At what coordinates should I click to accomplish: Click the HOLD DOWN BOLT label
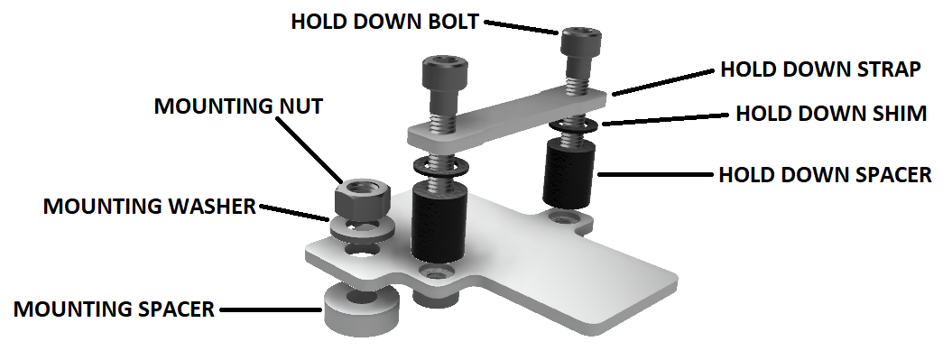pos(385,22)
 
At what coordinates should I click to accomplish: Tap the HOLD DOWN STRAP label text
pos(820,69)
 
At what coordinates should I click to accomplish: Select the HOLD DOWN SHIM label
pos(831,114)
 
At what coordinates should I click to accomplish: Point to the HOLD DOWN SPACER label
pos(825,175)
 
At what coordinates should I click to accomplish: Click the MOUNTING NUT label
pos(238,106)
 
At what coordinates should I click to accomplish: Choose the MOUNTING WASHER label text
pos(150,207)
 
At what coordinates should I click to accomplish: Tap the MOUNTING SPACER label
pos(114,309)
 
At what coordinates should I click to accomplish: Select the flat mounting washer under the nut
pos(363,229)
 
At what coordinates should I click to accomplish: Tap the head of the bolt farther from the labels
pos(445,75)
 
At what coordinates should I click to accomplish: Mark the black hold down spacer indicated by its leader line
pos(568,173)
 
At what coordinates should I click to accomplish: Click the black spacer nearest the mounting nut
pos(439,223)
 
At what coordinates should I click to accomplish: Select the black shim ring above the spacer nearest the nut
pos(439,166)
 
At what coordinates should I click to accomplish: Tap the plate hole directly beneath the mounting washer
pos(363,250)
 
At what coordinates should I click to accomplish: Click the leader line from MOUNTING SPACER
pos(271,310)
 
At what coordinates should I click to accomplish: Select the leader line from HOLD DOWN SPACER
pos(656,175)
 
